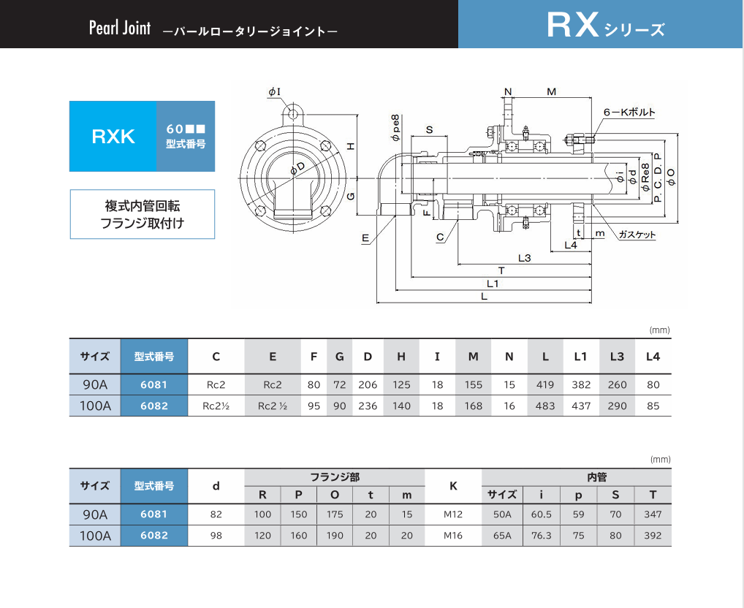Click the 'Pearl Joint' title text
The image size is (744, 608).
(119, 28)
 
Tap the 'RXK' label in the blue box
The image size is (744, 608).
(113, 137)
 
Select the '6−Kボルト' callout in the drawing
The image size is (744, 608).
(629, 113)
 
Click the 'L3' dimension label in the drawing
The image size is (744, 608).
(524, 257)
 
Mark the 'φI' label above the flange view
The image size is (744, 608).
(275, 91)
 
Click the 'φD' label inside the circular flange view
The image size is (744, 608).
(297, 170)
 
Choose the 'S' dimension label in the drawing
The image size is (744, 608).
(429, 130)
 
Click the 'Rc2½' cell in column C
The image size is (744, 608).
(216, 406)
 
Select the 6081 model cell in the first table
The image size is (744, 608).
(154, 384)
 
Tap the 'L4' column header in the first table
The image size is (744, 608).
(653, 357)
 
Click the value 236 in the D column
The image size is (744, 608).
(368, 406)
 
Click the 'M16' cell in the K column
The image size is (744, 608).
(453, 535)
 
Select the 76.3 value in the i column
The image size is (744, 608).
(541, 535)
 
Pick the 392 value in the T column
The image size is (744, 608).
(653, 535)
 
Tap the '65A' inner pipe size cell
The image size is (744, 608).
(502, 535)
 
